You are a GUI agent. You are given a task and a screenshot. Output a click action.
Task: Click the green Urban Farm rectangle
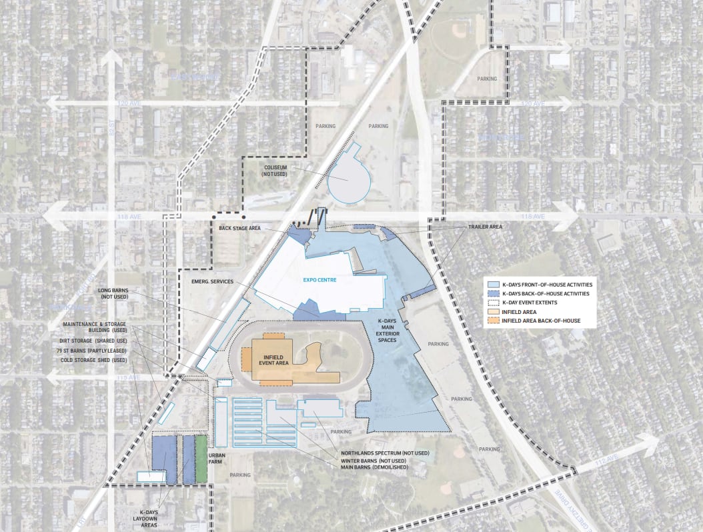coord(201,459)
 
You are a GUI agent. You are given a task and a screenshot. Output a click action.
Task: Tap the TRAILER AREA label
coord(485,227)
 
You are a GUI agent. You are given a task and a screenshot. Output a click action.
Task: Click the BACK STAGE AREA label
coord(241,228)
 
